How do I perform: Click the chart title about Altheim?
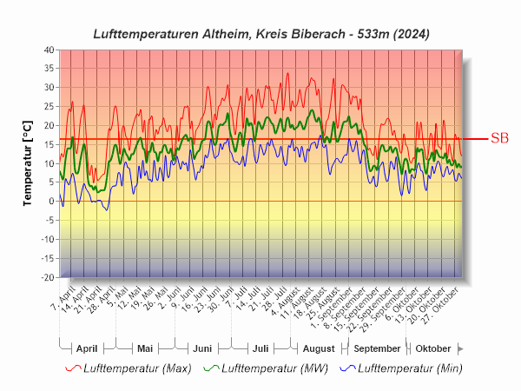coord(260,33)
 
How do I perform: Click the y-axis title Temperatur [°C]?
coord(27,163)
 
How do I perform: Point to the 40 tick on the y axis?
coord(48,50)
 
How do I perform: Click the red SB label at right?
coord(499,138)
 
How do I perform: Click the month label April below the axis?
coord(87,348)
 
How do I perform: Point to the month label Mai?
coord(145,348)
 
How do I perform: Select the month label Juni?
coord(202,348)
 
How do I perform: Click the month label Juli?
coord(260,348)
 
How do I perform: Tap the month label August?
coord(318,348)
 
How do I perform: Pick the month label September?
coord(377,348)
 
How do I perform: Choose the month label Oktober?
coord(433,348)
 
